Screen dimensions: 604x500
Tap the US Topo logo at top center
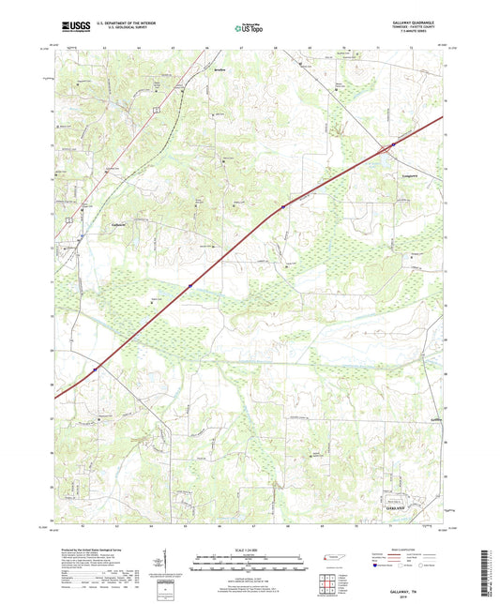click(248, 29)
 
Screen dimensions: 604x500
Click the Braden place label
click(221, 69)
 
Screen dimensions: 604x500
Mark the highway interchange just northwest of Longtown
click(385, 147)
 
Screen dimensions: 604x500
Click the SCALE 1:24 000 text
click(249, 550)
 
